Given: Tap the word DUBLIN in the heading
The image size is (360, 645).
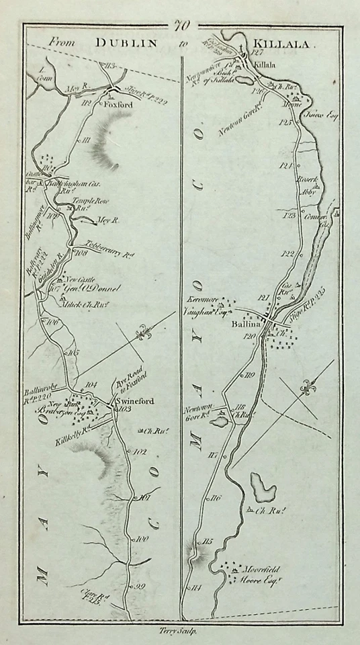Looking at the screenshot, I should point(126,42).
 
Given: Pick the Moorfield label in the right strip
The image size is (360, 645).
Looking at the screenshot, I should point(261,569).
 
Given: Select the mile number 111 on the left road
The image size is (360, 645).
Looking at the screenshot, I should point(85,140).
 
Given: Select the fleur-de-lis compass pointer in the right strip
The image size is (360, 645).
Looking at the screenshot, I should point(308,387).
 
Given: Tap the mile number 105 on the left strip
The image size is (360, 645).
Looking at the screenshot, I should point(73,352).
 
